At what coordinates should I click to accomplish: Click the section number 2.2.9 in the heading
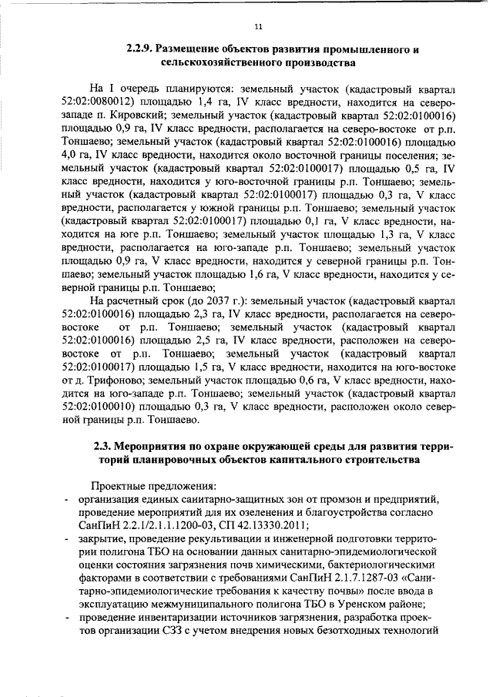coord(141,50)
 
